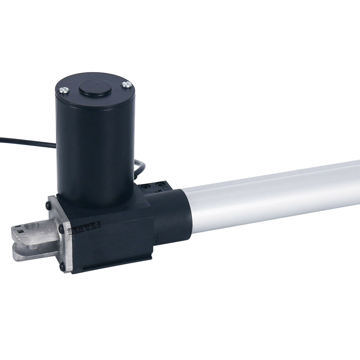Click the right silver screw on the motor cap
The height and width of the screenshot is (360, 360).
point(125,85)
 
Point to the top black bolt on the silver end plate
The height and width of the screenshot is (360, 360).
point(48,205)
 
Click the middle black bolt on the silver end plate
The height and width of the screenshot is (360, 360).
point(62,229)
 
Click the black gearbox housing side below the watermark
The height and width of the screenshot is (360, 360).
point(114,249)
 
